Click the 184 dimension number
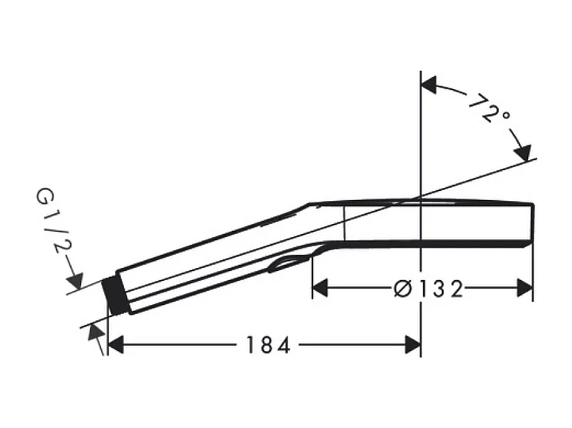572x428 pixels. pos(268,345)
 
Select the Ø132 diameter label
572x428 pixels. pos(429,289)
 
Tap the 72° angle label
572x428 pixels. pos(489,109)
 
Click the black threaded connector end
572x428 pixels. pos(115,296)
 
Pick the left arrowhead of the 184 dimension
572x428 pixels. pos(116,345)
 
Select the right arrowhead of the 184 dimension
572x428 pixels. pos(413,345)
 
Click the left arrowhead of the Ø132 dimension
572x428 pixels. pos(320,288)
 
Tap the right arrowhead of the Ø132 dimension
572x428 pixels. pos(525,288)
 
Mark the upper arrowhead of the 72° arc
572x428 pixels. pos(429,85)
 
